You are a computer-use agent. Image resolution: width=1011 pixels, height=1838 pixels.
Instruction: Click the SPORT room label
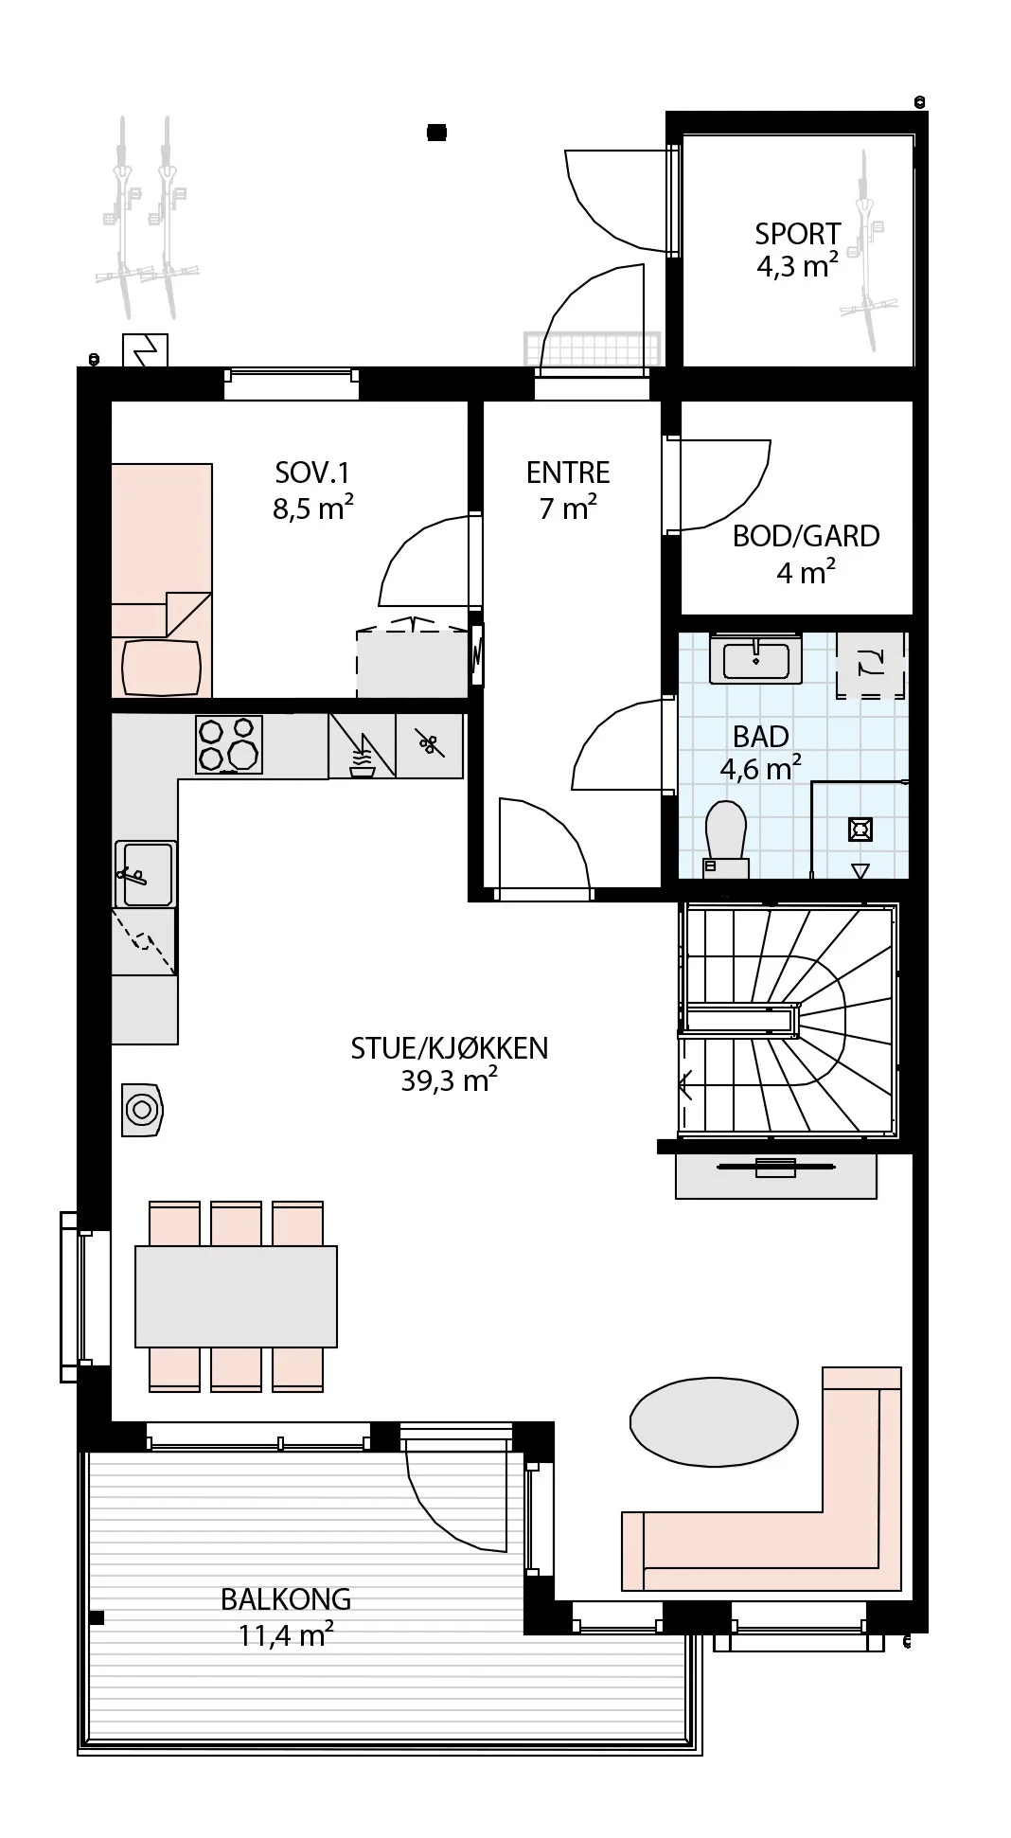pyautogui.click(x=797, y=233)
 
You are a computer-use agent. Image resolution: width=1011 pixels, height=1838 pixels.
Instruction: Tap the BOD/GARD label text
pyautogui.click(x=806, y=536)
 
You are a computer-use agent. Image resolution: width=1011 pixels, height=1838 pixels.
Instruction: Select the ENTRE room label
pyautogui.click(x=568, y=473)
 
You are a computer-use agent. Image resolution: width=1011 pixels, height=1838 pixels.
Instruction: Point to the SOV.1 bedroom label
pyautogui.click(x=312, y=473)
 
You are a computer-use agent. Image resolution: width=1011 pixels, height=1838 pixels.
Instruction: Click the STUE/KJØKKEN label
pyautogui.click(x=450, y=1047)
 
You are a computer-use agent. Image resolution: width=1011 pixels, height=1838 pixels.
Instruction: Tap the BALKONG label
pyautogui.click(x=286, y=1599)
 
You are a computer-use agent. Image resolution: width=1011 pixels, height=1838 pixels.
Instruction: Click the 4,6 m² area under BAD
pyautogui.click(x=760, y=767)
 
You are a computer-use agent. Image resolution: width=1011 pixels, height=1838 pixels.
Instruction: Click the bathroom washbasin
pyautogui.click(x=756, y=659)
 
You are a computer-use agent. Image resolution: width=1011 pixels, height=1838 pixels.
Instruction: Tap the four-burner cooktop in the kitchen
pyautogui.click(x=229, y=744)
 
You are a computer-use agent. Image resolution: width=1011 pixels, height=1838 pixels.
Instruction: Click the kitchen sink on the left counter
pyautogui.click(x=146, y=874)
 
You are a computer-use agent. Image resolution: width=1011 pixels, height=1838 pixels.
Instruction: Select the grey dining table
pyautogui.click(x=236, y=1296)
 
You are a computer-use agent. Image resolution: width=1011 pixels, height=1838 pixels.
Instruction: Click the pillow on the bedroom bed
pyautogui.click(x=162, y=668)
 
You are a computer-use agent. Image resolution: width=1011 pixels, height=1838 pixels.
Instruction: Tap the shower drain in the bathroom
pyautogui.click(x=860, y=830)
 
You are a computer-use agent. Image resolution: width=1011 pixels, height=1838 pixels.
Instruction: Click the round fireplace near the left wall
pyautogui.click(x=142, y=1108)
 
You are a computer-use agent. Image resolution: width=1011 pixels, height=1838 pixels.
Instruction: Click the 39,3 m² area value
pyautogui.click(x=450, y=1080)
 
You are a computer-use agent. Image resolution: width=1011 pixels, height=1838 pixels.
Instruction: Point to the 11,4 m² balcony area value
pyautogui.click(x=286, y=1634)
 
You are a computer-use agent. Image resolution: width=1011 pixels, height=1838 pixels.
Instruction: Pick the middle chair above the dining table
pyautogui.click(x=236, y=1223)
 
